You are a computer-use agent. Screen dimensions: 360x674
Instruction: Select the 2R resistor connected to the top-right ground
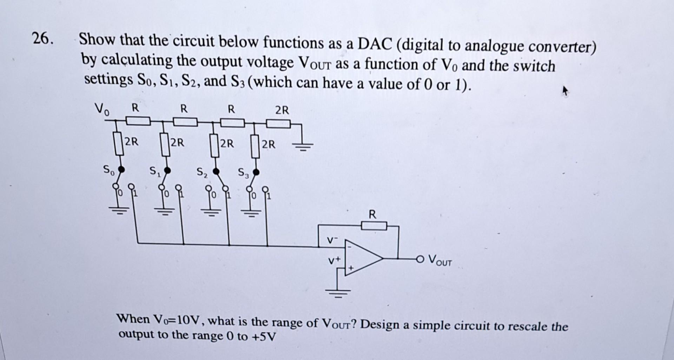[278, 124]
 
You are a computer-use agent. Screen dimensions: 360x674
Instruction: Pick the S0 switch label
[108, 170]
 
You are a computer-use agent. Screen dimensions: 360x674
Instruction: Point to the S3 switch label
[243, 173]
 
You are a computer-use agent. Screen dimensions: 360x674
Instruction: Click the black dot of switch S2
[217, 171]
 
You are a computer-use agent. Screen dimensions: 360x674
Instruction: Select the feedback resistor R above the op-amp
[374, 226]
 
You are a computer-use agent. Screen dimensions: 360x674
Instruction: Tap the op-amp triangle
[362, 259]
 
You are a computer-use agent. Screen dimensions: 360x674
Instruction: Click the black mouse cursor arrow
[565, 92]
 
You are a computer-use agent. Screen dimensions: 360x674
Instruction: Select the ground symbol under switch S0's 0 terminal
[118, 210]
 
